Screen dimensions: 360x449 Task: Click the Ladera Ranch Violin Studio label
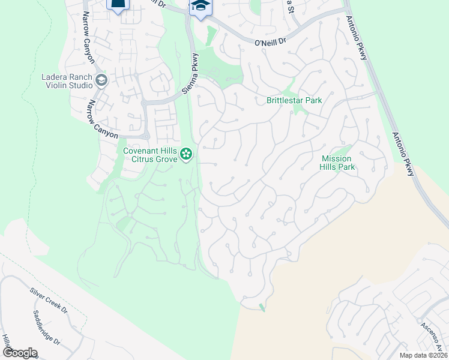[x=66, y=81]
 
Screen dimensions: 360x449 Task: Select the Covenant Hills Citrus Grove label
[x=150, y=155]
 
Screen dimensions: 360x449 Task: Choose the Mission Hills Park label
[x=339, y=163]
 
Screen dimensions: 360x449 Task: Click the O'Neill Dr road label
[x=271, y=43]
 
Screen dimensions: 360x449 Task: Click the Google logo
[x=19, y=353]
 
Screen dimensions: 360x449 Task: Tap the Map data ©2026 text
[x=423, y=355]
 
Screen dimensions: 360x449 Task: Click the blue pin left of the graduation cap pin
[x=118, y=5]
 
